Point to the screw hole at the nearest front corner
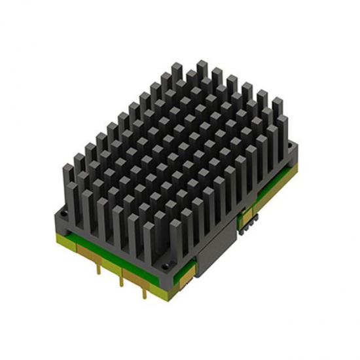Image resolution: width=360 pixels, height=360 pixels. (x=168, y=264)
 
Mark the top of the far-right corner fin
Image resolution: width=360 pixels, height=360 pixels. (x=278, y=101)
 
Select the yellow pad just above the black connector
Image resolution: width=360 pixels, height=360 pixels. (x=246, y=213)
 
